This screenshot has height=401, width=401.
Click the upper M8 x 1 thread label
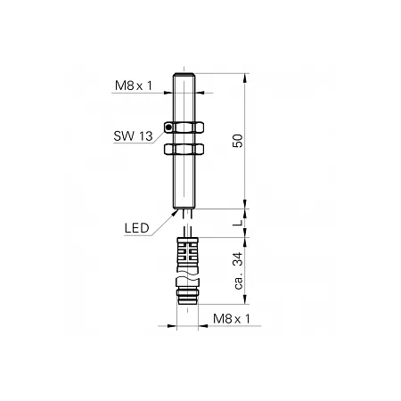[134, 86]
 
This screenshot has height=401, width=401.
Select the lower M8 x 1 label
[232, 319]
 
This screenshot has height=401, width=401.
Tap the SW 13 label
[133, 136]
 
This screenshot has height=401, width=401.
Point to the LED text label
[136, 228]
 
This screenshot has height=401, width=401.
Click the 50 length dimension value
[238, 141]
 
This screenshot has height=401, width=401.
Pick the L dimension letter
[238, 223]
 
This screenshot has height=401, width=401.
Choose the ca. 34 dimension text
[239, 270]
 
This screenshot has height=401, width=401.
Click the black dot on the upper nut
[168, 127]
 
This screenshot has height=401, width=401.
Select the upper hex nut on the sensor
[184, 127]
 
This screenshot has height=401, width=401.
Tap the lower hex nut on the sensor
[184, 149]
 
